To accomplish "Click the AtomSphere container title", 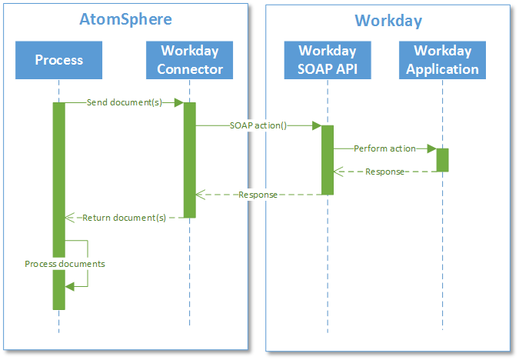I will click(125, 19).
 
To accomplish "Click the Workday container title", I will click(388, 21).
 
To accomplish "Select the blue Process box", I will click(58, 60).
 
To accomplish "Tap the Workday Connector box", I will click(190, 60).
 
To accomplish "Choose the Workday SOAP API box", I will click(328, 60).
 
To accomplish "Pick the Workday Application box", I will click(442, 60).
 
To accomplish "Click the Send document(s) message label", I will click(124, 102).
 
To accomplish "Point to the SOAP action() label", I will click(258, 125).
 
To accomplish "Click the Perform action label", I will click(384, 148).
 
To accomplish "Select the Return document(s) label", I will click(124, 218).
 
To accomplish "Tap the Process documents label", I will click(65, 264).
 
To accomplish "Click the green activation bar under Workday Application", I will click(442, 160).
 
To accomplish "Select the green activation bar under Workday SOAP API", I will click(328, 160).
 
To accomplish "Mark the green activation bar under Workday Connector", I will click(190, 160).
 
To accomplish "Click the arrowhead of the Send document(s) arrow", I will click(179, 102).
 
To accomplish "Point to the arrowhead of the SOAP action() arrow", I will click(316, 125).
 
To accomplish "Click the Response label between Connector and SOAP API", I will click(258, 195).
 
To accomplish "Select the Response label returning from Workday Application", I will click(384, 172).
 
